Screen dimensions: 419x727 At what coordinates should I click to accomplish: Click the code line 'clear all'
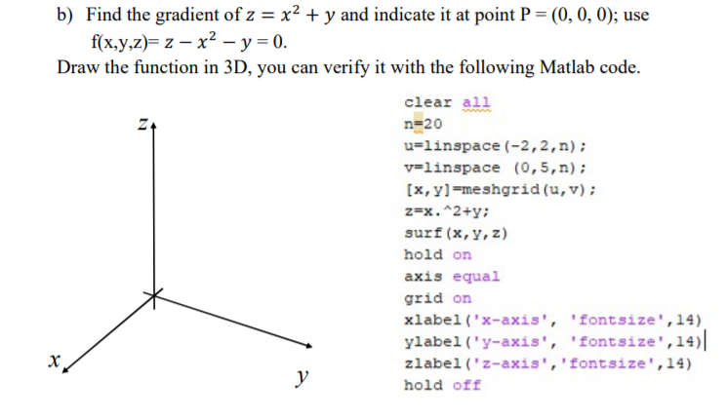(447, 102)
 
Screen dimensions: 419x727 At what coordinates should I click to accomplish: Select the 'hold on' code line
(437, 254)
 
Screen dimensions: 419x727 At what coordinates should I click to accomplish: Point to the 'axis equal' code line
(452, 276)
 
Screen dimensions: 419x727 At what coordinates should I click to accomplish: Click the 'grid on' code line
(437, 297)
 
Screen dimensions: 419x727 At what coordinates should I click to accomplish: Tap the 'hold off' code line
(442, 384)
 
